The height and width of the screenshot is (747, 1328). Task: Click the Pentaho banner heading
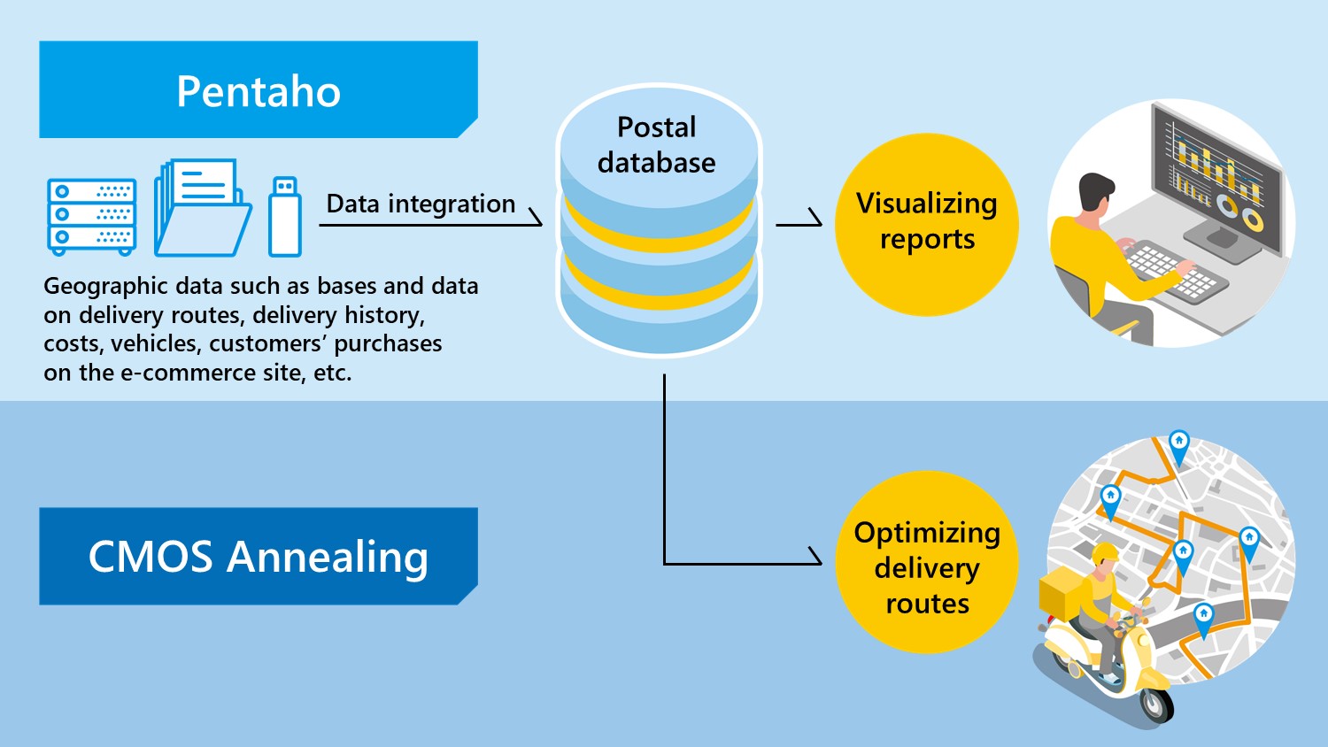(259, 90)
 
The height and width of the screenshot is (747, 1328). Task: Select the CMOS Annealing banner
(259, 556)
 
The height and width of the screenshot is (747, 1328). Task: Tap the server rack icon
(92, 217)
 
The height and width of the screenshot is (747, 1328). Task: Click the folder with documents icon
(203, 207)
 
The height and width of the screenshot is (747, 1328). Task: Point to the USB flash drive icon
(284, 216)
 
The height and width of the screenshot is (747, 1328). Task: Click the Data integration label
(421, 204)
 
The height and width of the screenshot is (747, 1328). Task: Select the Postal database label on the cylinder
(656, 144)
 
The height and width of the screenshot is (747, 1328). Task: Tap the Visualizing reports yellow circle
(927, 225)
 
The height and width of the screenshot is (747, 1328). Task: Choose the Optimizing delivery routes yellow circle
(927, 562)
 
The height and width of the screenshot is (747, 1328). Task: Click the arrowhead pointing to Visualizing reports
(815, 218)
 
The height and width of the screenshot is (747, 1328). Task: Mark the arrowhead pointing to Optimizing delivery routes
(815, 556)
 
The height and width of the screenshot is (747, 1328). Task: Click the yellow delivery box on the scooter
(1062, 589)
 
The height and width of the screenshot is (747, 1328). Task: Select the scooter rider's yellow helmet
(1105, 553)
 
